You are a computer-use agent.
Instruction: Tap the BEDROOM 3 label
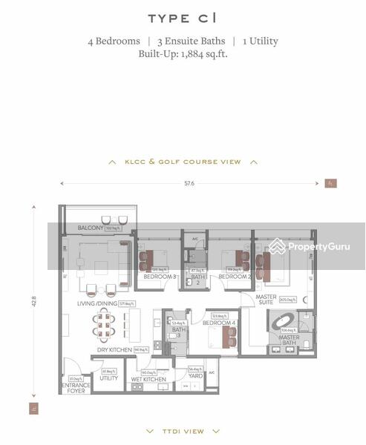[160, 277]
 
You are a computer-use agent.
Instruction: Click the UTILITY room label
[108, 378]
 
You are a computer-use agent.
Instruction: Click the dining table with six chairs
[103, 324]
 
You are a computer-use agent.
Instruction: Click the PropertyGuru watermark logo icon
[278, 246]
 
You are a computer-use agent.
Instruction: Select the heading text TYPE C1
[183, 19]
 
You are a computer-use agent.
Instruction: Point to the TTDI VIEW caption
[183, 430]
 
